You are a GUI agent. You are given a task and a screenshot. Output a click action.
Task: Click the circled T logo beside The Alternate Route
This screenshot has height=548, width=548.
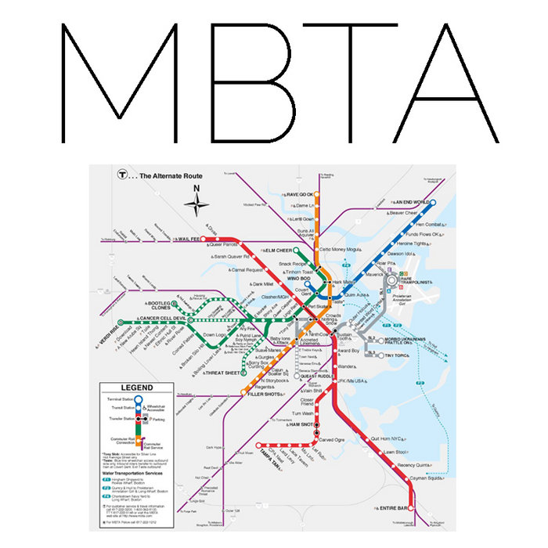click(122, 177)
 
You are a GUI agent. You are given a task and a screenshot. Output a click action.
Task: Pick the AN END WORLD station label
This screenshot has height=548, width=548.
click(411, 201)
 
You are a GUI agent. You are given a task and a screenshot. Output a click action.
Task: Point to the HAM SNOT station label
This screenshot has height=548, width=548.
click(301, 424)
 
